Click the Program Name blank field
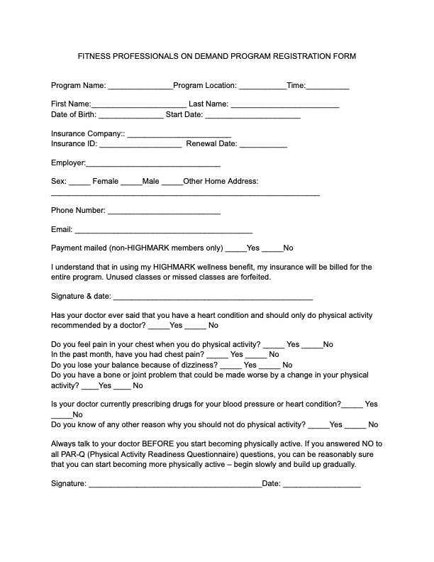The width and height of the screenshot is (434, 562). [x=140, y=87]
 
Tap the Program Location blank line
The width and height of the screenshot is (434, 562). [x=262, y=87]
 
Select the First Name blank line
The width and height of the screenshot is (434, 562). [x=139, y=105]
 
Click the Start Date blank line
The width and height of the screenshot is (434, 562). [x=252, y=116]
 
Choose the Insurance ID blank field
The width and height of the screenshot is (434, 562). [x=140, y=145]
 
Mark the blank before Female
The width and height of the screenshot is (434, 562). [x=79, y=182]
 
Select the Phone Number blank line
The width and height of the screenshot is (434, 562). [x=164, y=211]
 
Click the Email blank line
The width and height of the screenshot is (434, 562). [x=163, y=231]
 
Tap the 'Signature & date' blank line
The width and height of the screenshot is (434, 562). [x=213, y=297]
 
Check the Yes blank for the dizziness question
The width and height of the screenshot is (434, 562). [x=231, y=365]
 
